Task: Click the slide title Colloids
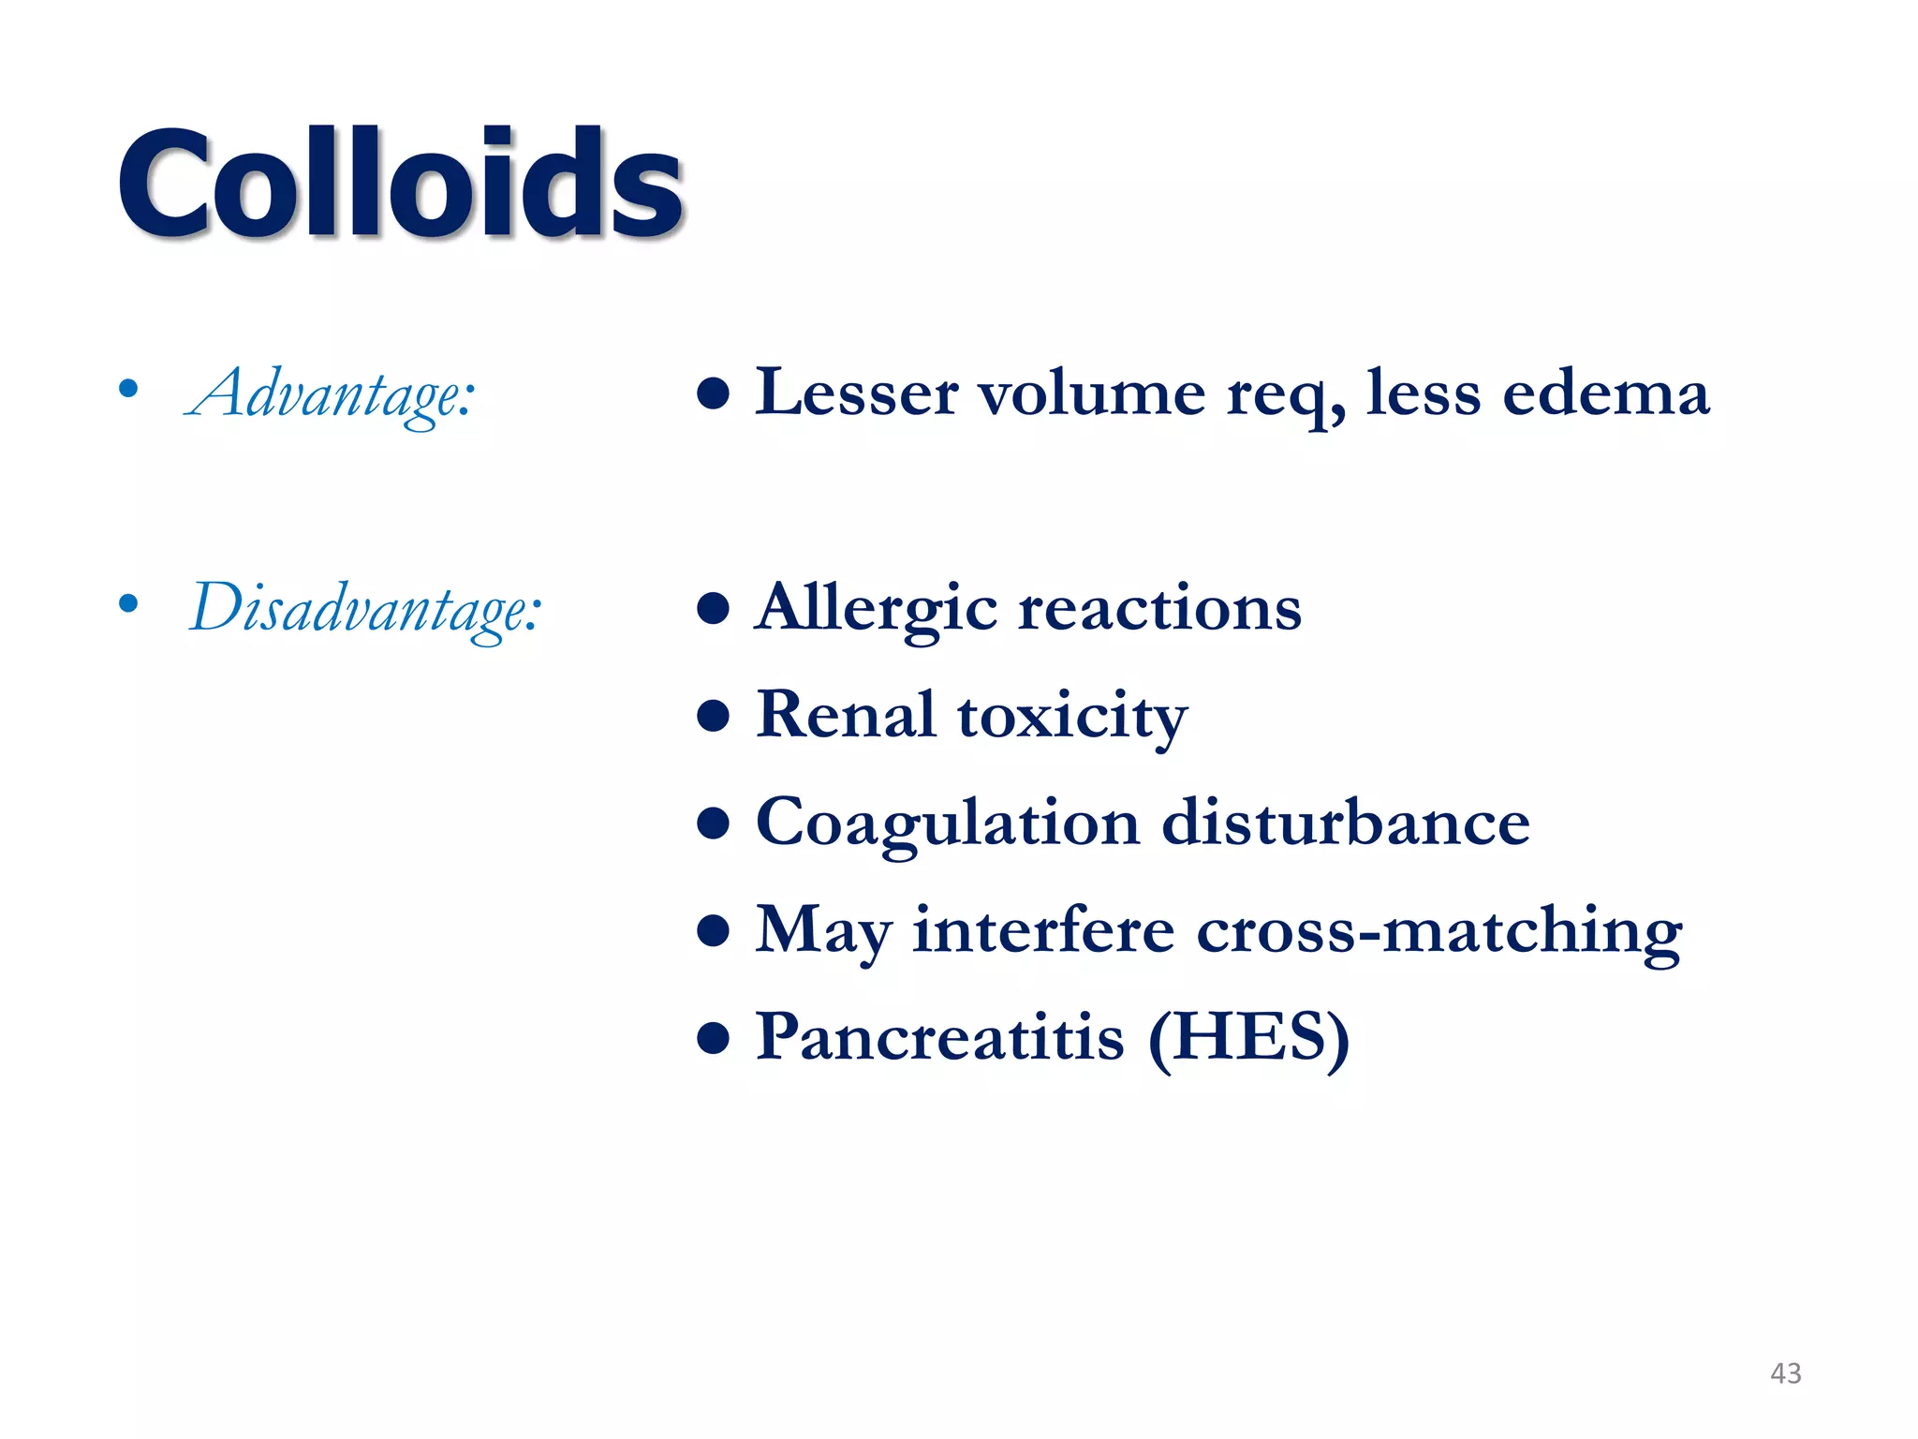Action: pyautogui.click(x=401, y=182)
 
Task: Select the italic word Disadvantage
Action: pyautogui.click(x=365, y=609)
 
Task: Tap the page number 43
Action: pyautogui.click(x=1785, y=1373)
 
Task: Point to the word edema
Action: pyautogui.click(x=1605, y=393)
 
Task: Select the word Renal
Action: pyautogui.click(x=846, y=715)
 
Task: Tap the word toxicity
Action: pyautogui.click(x=1072, y=718)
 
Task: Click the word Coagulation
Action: pyautogui.click(x=948, y=823)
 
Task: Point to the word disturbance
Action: pyautogui.click(x=1346, y=822)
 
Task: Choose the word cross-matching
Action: pyautogui.click(x=1439, y=932)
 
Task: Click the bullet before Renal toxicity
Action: pyautogui.click(x=714, y=717)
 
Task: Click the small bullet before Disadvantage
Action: pyautogui.click(x=129, y=603)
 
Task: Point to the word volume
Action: pyautogui.click(x=1092, y=393)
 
